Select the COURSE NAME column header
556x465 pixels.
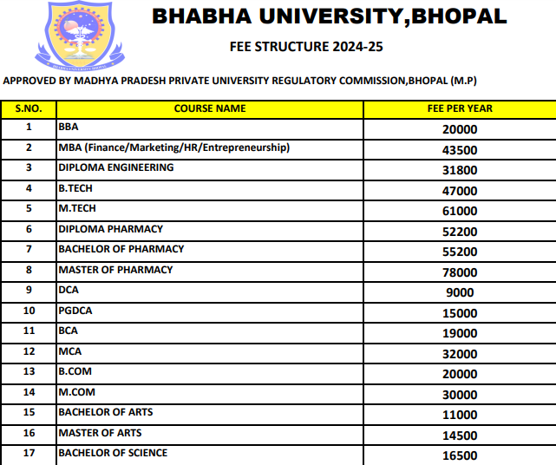point(210,108)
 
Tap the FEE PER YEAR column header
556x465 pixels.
point(460,108)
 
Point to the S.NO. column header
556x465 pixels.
point(29,108)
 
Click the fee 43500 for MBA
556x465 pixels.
point(460,150)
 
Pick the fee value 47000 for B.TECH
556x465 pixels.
point(460,191)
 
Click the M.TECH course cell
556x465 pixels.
point(77,208)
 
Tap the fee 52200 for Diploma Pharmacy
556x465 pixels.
point(460,232)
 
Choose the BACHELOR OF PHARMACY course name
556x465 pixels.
point(121,249)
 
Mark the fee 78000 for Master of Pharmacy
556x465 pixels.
point(460,272)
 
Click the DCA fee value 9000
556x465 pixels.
point(460,292)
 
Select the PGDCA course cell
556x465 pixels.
point(74,311)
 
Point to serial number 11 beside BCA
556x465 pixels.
point(29,331)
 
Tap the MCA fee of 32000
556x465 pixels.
point(460,354)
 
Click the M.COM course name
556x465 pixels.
point(75,392)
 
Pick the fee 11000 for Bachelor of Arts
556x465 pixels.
point(460,415)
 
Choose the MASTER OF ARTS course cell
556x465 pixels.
point(100,433)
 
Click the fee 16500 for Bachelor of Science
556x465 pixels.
point(460,455)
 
